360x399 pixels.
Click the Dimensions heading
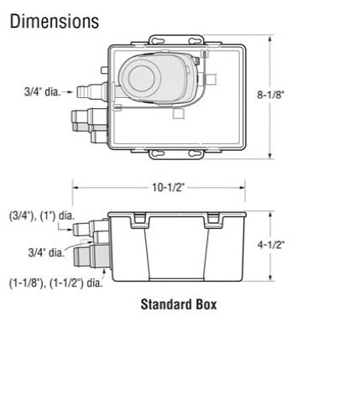pos(54,20)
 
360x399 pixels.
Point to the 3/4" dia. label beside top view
pos(41,90)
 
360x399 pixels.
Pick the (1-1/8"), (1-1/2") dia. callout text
pos(55,282)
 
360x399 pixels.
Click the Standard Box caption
pos(177,304)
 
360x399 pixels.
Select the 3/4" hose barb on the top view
pos(83,88)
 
